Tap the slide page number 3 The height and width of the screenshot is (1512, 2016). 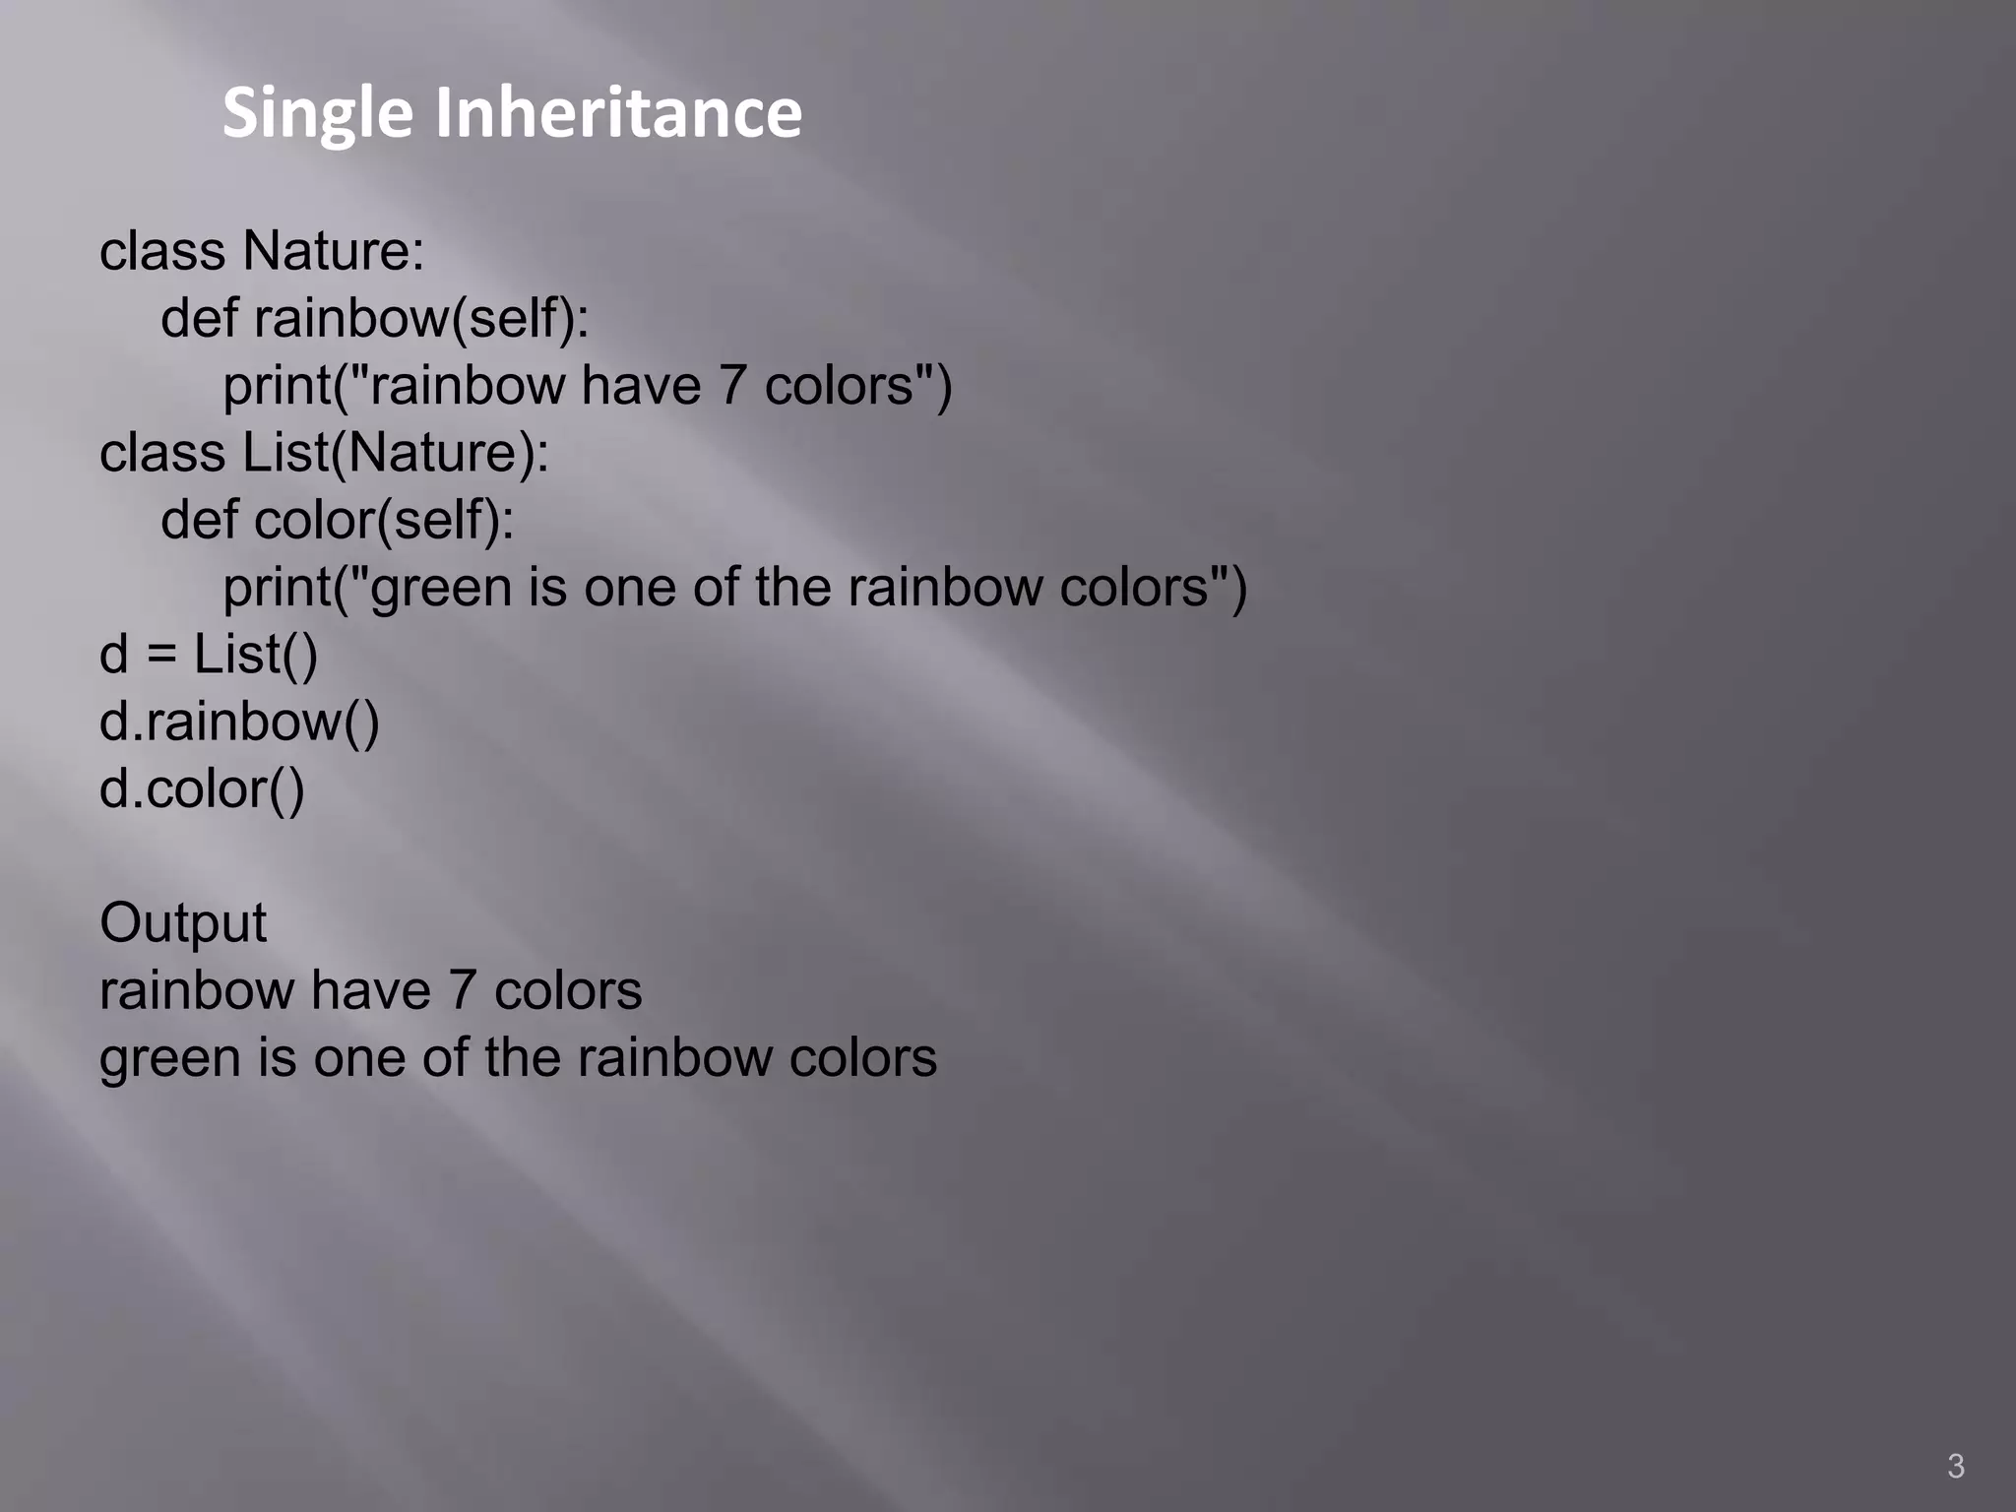[x=1955, y=1466]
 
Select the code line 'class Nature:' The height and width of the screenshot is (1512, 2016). [x=262, y=251]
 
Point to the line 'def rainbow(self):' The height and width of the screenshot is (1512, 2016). [x=374, y=319]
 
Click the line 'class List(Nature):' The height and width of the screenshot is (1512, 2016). [x=324, y=453]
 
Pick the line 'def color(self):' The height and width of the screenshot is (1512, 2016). [x=337, y=520]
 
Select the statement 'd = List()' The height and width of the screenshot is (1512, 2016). [x=209, y=655]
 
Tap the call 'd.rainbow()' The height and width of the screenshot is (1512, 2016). [x=239, y=722]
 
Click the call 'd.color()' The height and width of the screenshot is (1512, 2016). [x=202, y=789]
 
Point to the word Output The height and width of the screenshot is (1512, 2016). [x=183, y=923]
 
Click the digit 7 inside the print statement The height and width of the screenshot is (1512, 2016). [x=732, y=386]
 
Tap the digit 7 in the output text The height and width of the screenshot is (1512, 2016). [x=462, y=991]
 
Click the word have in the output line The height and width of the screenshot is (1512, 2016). [x=370, y=991]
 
